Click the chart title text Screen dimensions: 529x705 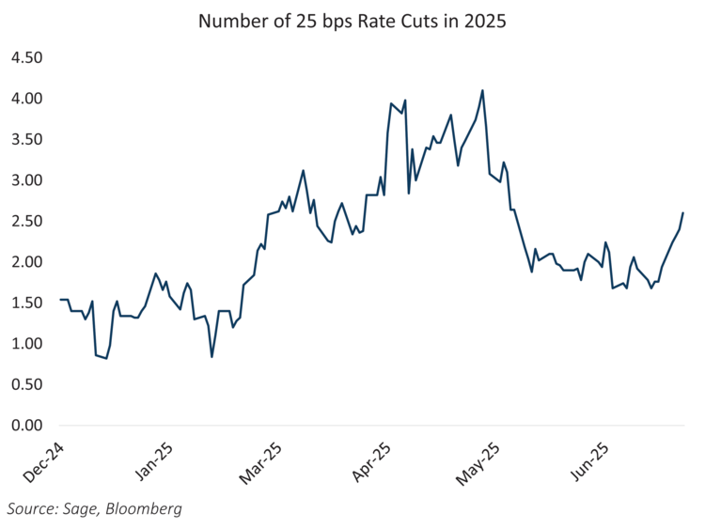tap(352, 22)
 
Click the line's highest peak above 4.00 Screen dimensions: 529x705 tap(482, 91)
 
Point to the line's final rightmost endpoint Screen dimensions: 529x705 tap(682, 213)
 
